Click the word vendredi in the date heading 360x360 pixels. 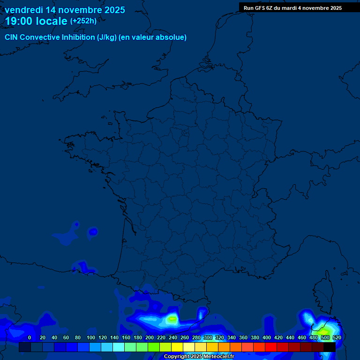[x=23, y=10]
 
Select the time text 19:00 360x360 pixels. [x=20, y=21]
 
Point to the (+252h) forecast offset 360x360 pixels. [x=83, y=21]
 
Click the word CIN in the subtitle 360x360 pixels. [x=11, y=37]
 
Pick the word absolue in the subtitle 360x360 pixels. [x=172, y=37]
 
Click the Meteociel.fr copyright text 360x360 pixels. [x=218, y=357]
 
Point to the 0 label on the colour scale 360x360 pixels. [x=30, y=337]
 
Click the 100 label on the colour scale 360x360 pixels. [x=90, y=337]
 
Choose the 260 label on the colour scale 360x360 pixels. [x=184, y=337]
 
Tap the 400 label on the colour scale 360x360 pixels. [x=266, y=337]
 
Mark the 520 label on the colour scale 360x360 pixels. [x=337, y=337]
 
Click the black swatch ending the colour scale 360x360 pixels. [x=330, y=347]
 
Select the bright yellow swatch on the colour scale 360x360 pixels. [x=177, y=347]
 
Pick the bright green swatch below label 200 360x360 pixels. [x=154, y=347]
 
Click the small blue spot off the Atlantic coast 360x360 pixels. [x=93, y=231]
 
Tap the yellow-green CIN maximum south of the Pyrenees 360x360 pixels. [x=172, y=319]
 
